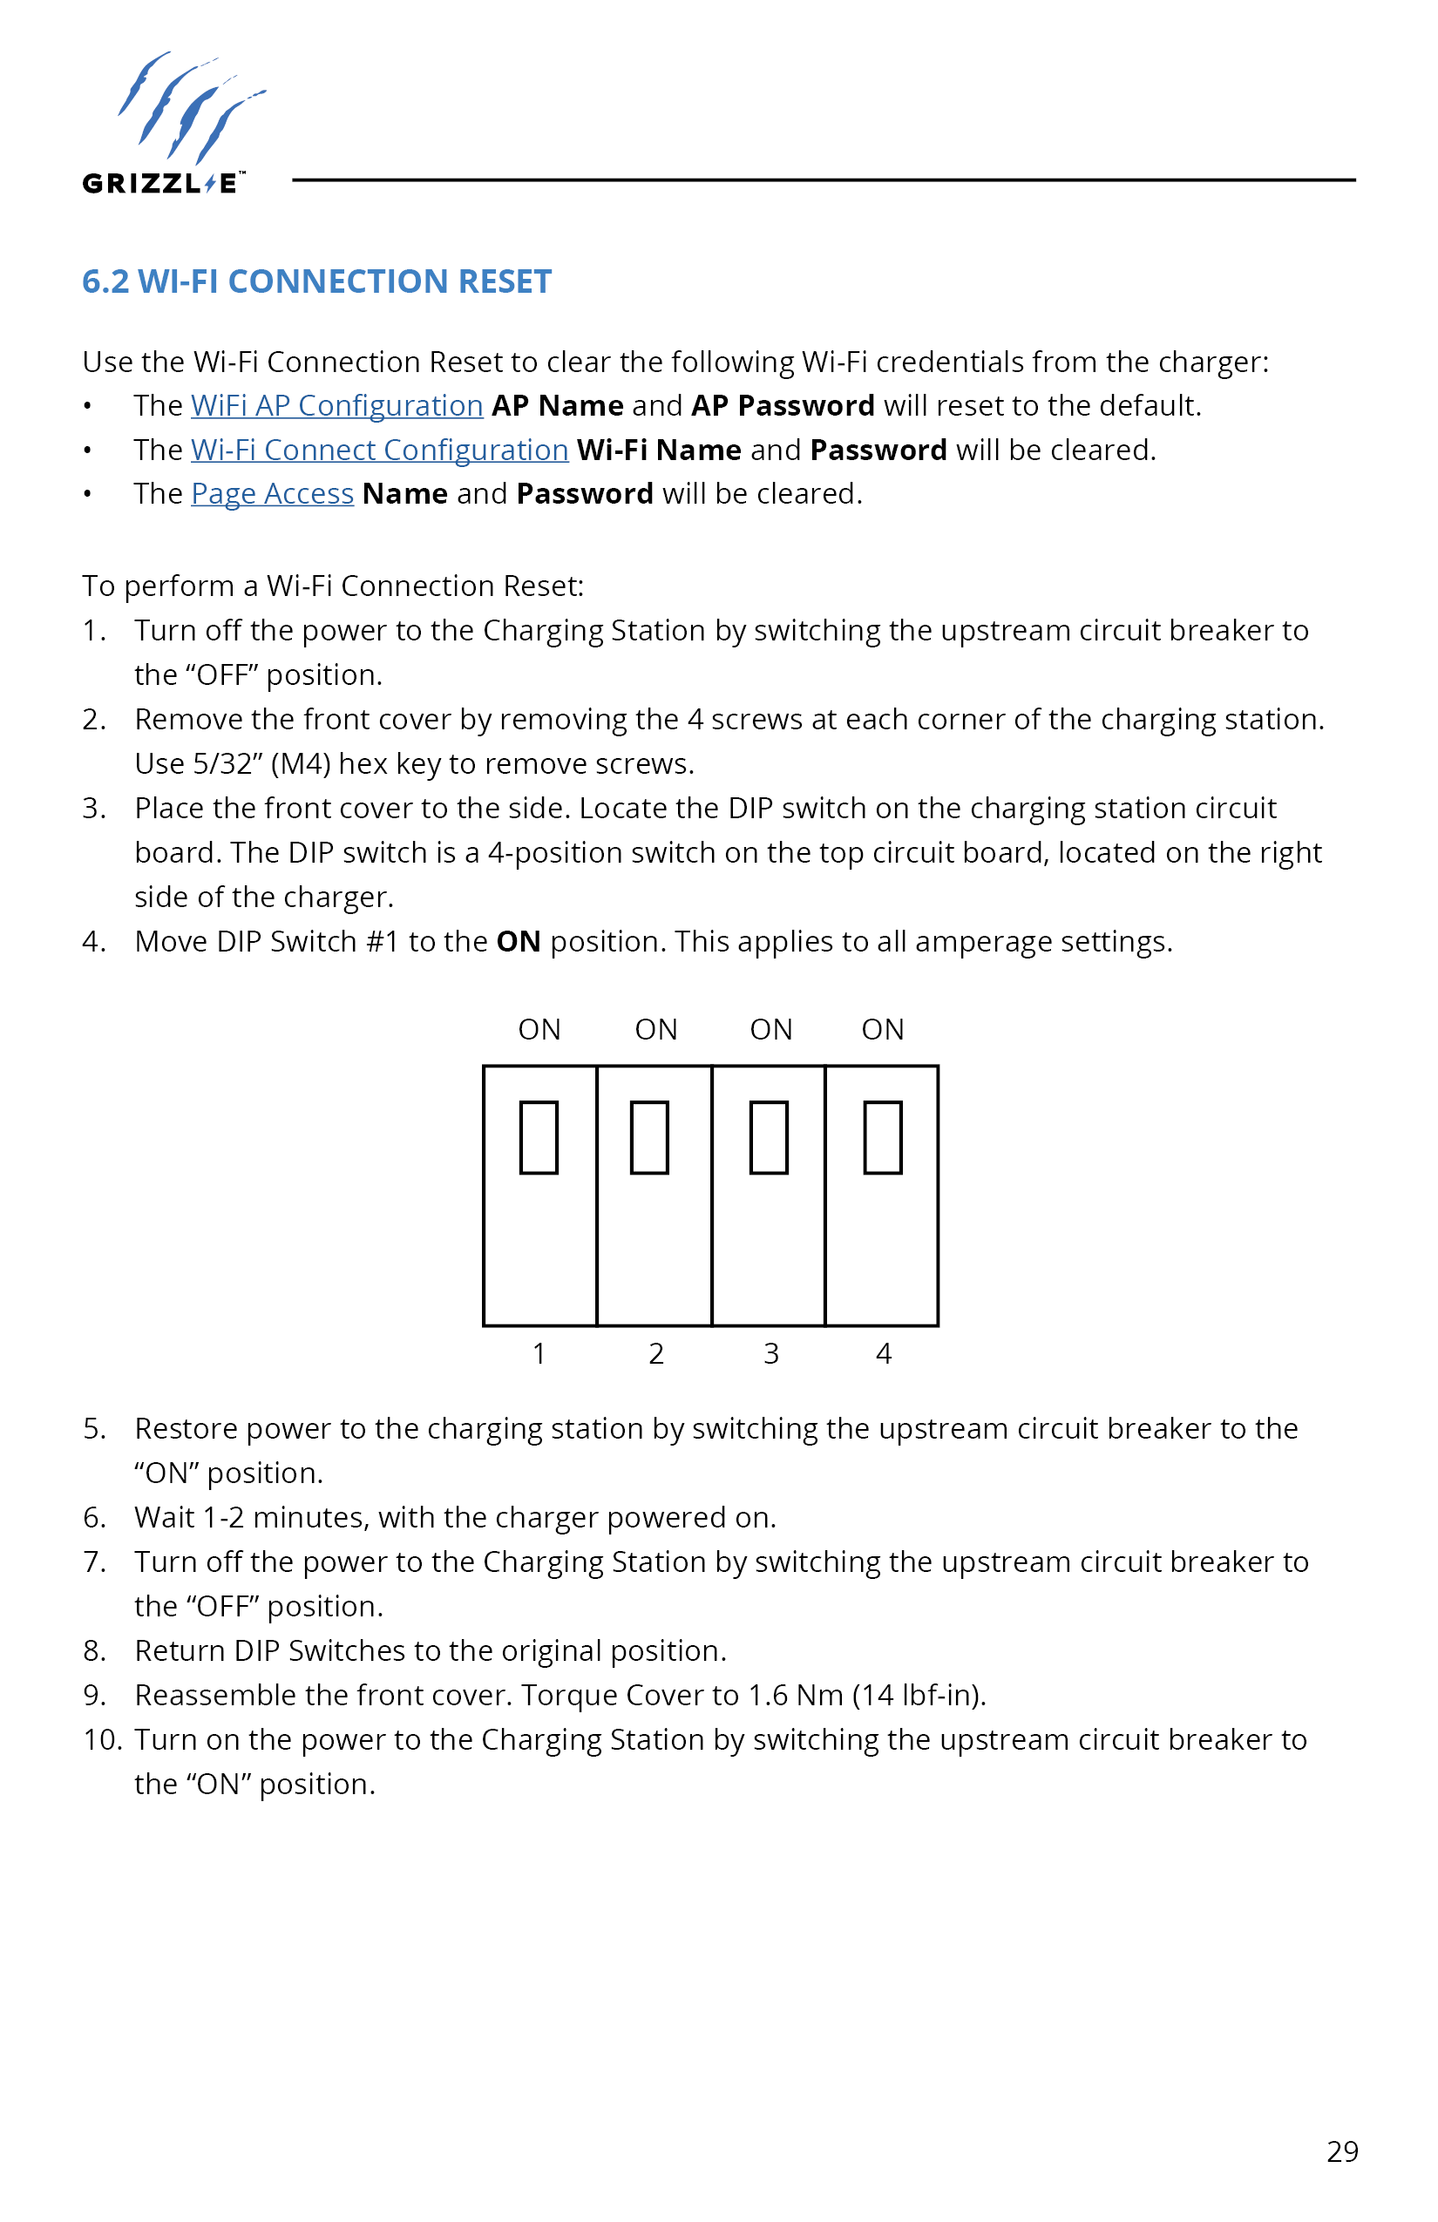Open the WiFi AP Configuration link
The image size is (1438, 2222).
[x=336, y=405]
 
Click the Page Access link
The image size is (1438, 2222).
[x=272, y=494]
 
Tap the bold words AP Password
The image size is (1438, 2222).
[x=783, y=405]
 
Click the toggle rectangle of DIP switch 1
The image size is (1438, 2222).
[x=539, y=1137]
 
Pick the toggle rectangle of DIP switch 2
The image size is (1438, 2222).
[x=650, y=1137]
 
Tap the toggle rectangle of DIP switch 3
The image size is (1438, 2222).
[x=769, y=1137]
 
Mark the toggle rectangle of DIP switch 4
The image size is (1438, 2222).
[x=882, y=1137]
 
